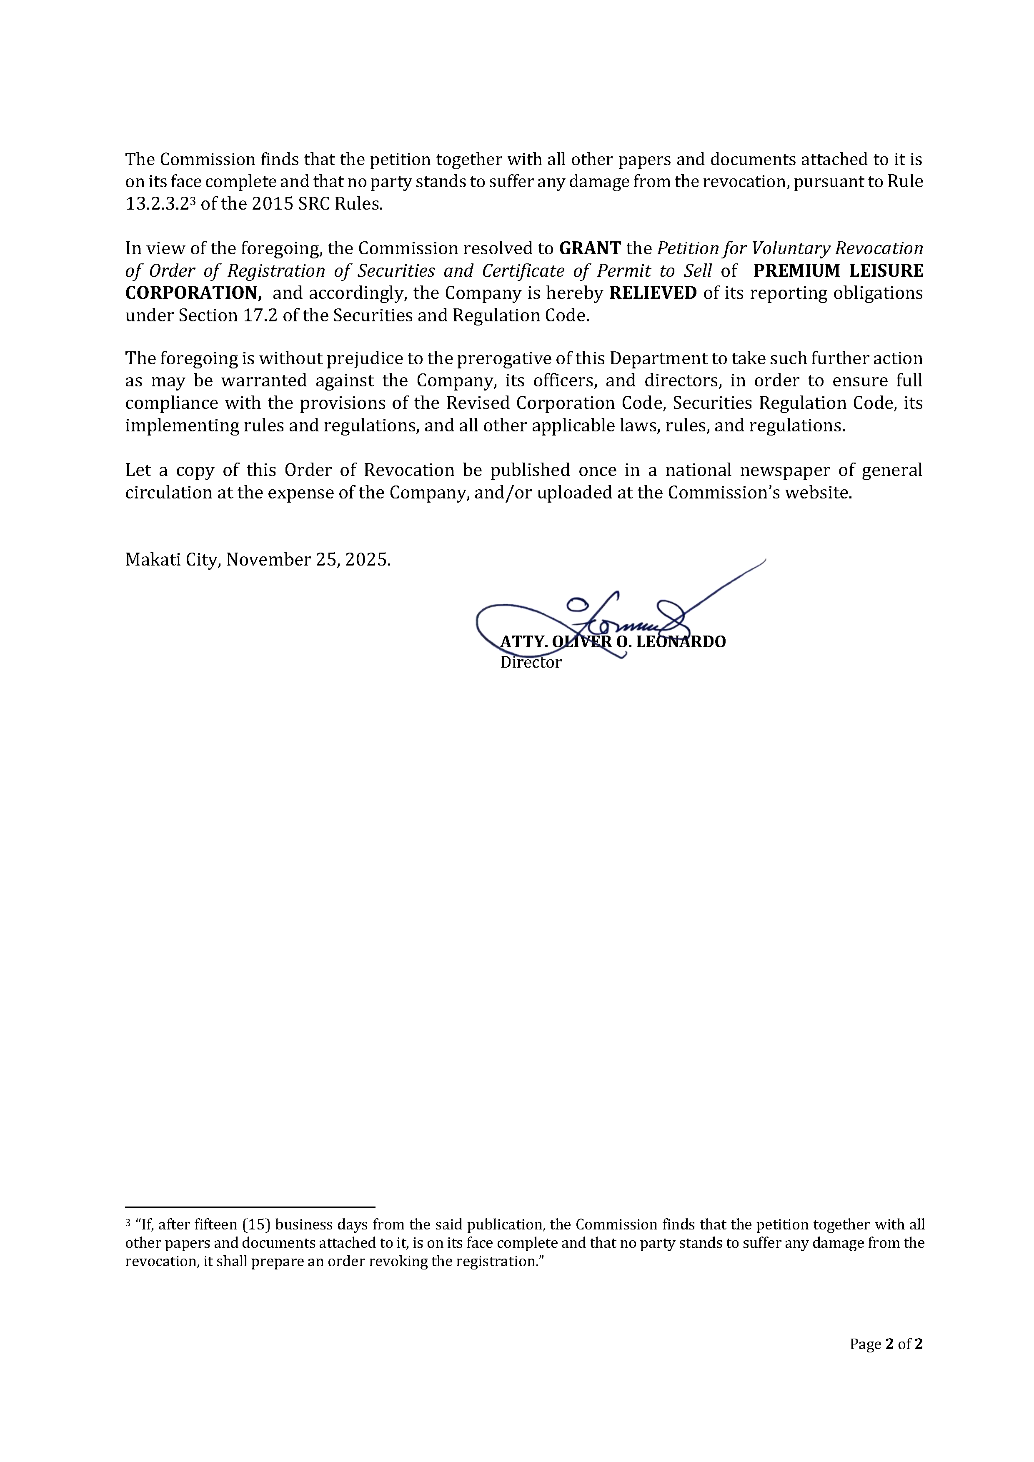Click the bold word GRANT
click(590, 248)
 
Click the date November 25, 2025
click(308, 560)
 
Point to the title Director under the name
click(531, 662)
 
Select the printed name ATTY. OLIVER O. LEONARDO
click(613, 642)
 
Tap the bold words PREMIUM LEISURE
click(838, 270)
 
